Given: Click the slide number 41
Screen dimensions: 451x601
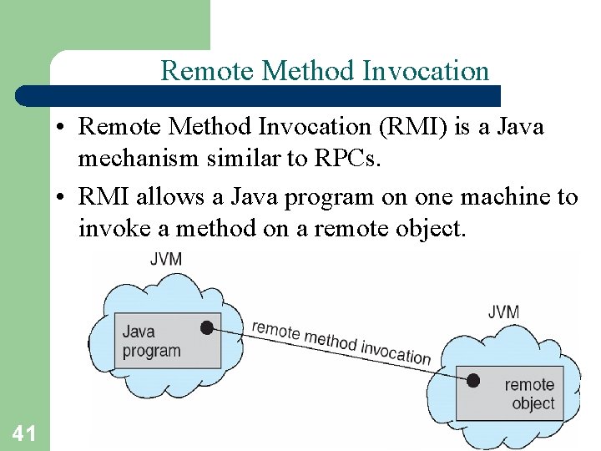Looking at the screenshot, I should pyautogui.click(x=23, y=433).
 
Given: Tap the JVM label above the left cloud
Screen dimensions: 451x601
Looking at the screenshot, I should pyautogui.click(x=165, y=259).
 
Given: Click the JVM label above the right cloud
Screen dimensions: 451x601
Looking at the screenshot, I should pyautogui.click(x=503, y=312).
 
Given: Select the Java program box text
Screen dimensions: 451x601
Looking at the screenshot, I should pyautogui.click(x=150, y=341).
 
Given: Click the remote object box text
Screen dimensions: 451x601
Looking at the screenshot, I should pyautogui.click(x=529, y=393).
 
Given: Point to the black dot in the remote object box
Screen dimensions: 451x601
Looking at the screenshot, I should pyautogui.click(x=473, y=381).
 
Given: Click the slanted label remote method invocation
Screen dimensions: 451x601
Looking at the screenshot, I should pyautogui.click(x=341, y=342).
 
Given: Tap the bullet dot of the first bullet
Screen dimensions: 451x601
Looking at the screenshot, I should pyautogui.click(x=63, y=128).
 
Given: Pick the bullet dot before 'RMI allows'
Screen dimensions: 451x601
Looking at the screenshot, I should pyautogui.click(x=63, y=198).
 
